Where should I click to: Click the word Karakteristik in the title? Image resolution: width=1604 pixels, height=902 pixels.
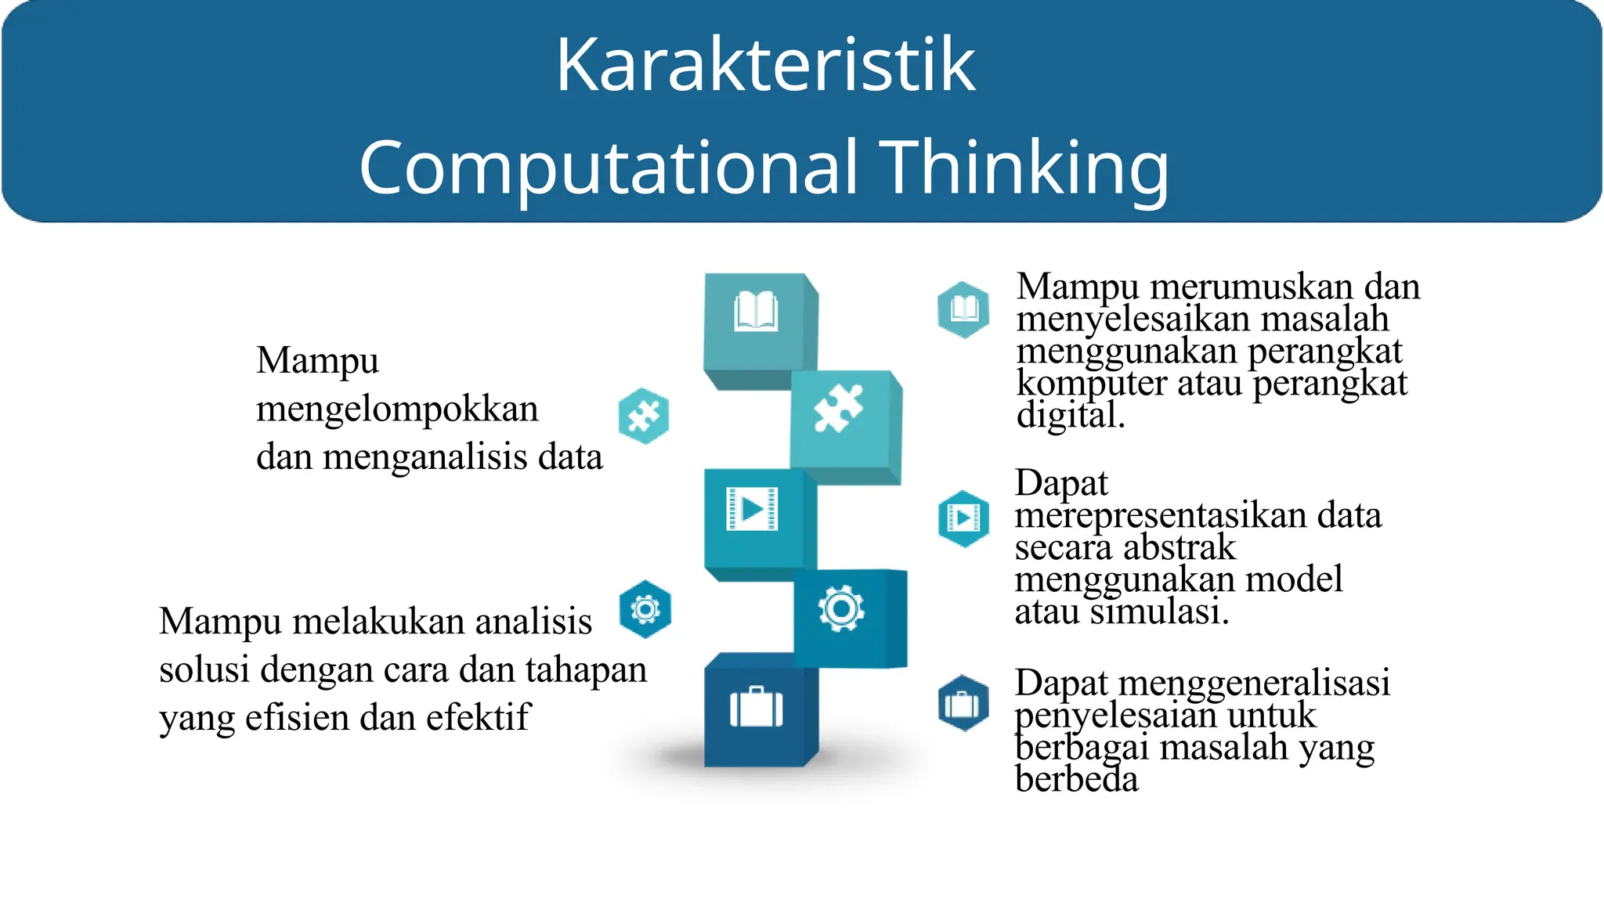click(x=765, y=65)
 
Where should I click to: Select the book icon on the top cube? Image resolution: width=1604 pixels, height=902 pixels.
click(x=756, y=312)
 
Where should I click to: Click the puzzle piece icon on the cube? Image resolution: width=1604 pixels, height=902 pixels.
click(x=838, y=408)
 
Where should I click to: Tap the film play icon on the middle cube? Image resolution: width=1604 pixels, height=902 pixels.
click(x=752, y=509)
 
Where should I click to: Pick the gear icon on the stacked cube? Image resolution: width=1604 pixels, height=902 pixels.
click(x=841, y=608)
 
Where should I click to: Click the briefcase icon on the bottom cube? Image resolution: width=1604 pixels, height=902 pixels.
click(x=756, y=707)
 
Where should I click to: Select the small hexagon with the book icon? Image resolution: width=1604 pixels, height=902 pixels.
click(x=963, y=309)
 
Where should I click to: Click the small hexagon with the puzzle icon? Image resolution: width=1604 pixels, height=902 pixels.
click(x=644, y=416)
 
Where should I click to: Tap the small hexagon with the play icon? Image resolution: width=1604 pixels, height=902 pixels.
click(x=963, y=518)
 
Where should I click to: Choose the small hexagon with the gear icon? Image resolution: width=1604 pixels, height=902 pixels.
click(x=645, y=609)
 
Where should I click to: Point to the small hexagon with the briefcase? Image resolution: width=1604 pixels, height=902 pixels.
click(x=963, y=704)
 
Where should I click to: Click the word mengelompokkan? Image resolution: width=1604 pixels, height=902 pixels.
click(x=397, y=410)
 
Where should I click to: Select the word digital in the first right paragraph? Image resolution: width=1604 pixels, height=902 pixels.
click(x=1069, y=415)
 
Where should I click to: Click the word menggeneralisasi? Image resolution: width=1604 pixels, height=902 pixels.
click(x=1254, y=682)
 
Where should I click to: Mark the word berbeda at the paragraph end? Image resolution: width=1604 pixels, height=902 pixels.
click(x=1076, y=780)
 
